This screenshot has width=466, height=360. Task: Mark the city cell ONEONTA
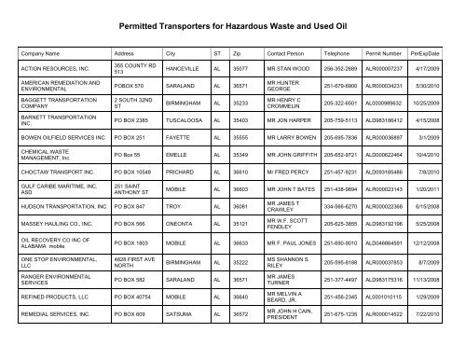click(181, 252)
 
